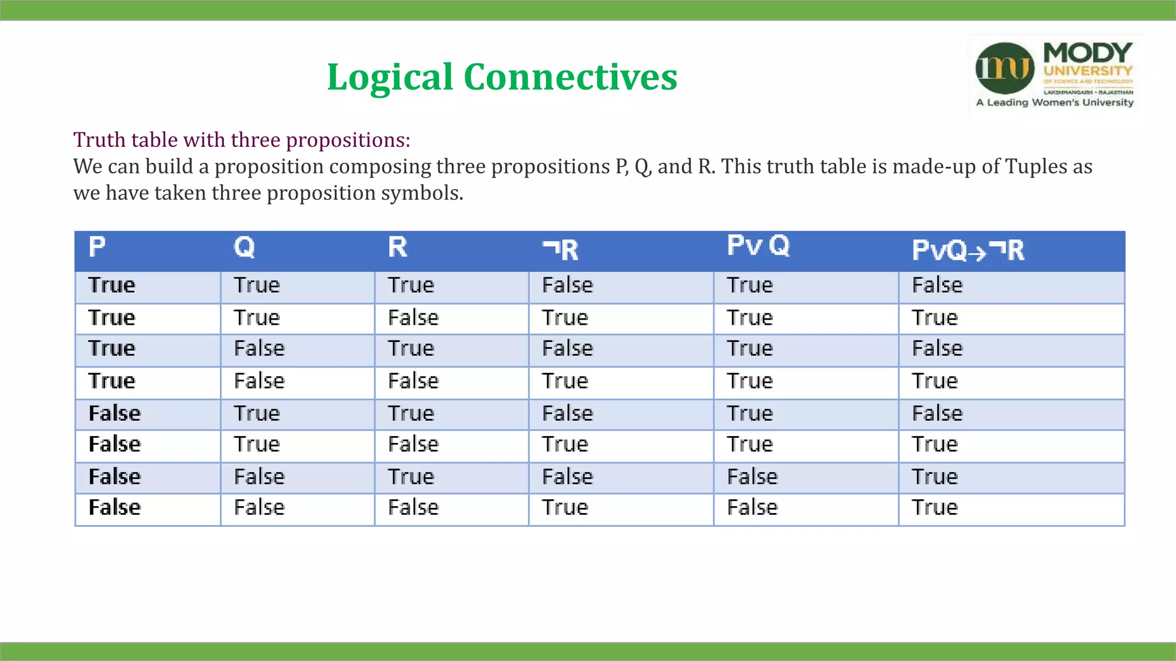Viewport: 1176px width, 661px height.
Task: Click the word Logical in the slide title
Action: (x=390, y=77)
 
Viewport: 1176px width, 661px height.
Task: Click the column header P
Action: (x=97, y=247)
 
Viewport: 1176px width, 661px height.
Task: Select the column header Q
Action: (x=244, y=247)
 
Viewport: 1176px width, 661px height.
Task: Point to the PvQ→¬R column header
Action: (x=968, y=250)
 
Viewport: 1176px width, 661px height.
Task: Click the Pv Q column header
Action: (x=758, y=246)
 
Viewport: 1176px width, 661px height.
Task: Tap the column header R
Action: (x=397, y=247)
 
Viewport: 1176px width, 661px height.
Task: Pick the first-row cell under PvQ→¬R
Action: (x=937, y=285)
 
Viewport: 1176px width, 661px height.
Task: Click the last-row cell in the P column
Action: (x=114, y=507)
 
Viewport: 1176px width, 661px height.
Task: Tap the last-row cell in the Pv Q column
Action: (x=752, y=507)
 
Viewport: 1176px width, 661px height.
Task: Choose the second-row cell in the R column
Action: (x=413, y=318)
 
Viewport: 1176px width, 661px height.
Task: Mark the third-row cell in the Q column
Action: (x=259, y=348)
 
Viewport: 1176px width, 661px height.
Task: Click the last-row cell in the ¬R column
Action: (x=565, y=507)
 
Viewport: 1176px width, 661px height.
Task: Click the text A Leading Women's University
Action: (x=1055, y=103)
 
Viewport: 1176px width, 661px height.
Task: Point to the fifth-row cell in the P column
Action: (x=114, y=414)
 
